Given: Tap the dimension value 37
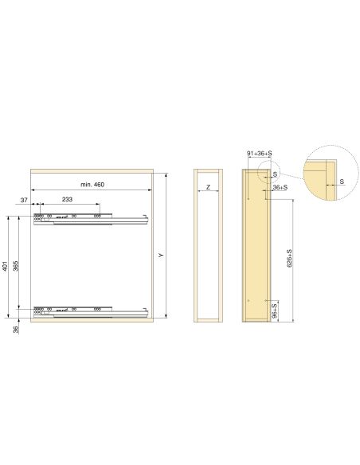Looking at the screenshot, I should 24,200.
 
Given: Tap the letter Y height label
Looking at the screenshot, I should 160,255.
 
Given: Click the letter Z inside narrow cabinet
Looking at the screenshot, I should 208,188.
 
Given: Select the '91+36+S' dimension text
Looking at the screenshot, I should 260,152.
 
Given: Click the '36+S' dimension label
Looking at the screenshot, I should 280,188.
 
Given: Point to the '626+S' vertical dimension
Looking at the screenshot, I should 288,258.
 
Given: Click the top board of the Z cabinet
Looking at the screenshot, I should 207,171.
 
